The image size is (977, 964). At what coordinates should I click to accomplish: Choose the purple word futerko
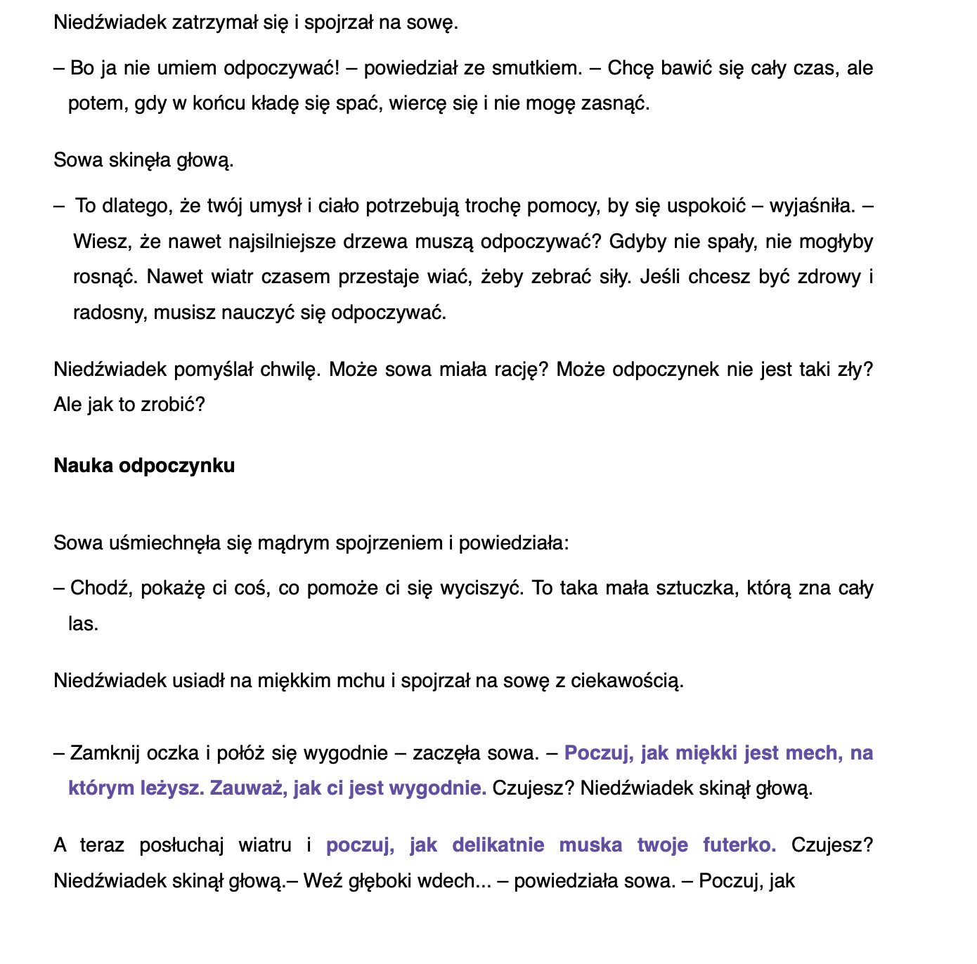tap(739, 845)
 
